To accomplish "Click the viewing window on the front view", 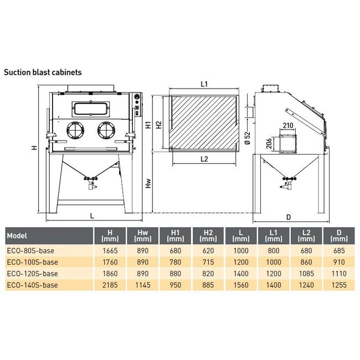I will click(x=90, y=109).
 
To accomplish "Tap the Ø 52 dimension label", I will click(x=247, y=137).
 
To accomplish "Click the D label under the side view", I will click(x=288, y=217).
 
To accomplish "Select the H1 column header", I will click(x=175, y=236).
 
